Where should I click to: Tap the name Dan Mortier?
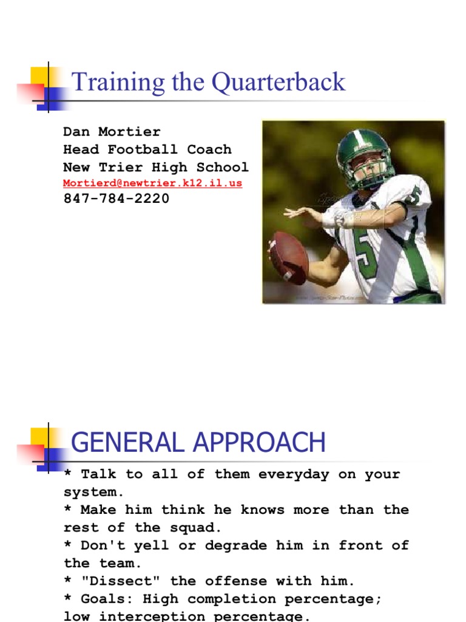click(112, 132)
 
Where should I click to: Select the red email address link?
click(153, 183)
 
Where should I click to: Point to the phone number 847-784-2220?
click(116, 199)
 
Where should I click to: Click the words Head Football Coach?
click(147, 149)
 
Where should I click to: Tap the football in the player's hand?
click(289, 257)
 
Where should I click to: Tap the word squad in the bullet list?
click(183, 528)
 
